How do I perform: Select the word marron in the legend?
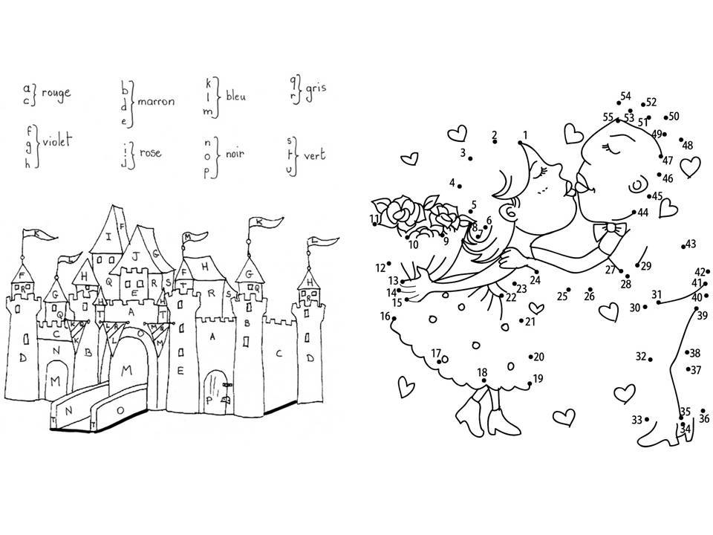156,101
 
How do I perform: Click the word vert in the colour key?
315,158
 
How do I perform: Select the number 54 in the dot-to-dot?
625,97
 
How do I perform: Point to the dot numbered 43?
683,245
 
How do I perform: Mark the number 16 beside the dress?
385,317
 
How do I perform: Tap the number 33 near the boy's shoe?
637,421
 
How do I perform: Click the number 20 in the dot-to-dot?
538,357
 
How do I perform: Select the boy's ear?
637,184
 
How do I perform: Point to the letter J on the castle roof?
135,255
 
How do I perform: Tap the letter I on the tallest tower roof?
109,238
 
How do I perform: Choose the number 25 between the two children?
562,296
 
